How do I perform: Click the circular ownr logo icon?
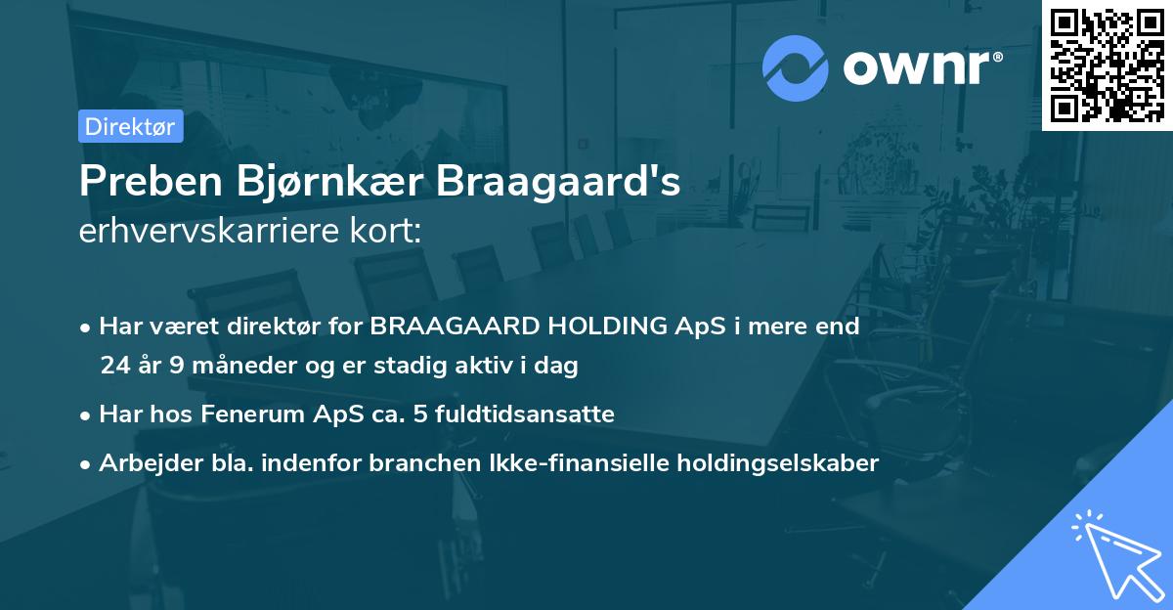pyautogui.click(x=796, y=67)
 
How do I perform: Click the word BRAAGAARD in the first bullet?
pyautogui.click(x=438, y=327)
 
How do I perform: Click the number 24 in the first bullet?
pyautogui.click(x=114, y=367)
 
